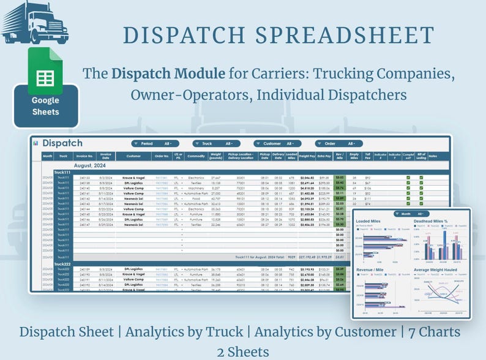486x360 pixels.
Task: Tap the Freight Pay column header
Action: (x=308, y=156)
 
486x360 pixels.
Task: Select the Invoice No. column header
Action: (x=85, y=156)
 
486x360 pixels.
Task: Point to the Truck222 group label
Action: (x=64, y=264)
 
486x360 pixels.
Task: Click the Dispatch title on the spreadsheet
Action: (x=62, y=143)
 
